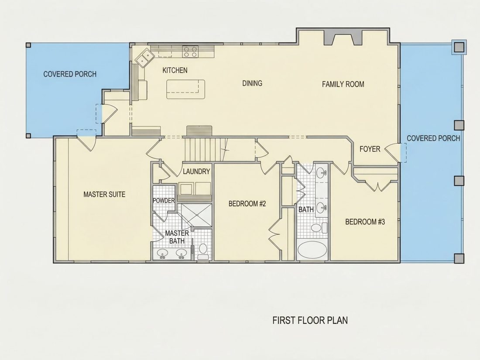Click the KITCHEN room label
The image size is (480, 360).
click(x=175, y=70)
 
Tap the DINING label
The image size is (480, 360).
click(x=252, y=83)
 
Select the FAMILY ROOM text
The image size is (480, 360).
click(x=343, y=84)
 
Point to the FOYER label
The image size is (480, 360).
click(x=370, y=149)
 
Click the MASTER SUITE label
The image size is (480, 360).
click(x=104, y=194)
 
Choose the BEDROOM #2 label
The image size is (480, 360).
click(x=247, y=204)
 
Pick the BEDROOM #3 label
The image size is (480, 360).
click(x=365, y=222)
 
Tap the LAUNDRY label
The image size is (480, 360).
click(x=196, y=171)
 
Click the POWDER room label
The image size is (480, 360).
click(x=164, y=201)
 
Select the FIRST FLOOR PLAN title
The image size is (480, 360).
click(x=310, y=321)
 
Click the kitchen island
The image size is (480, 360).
click(x=185, y=89)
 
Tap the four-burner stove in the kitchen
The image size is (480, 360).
click(x=190, y=51)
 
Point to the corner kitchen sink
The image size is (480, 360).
click(x=145, y=58)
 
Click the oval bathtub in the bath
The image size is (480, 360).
click(x=312, y=250)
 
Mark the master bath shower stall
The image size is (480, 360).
click(x=196, y=215)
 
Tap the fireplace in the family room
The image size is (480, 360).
click(x=343, y=38)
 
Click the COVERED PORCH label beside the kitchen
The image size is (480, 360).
click(x=70, y=74)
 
